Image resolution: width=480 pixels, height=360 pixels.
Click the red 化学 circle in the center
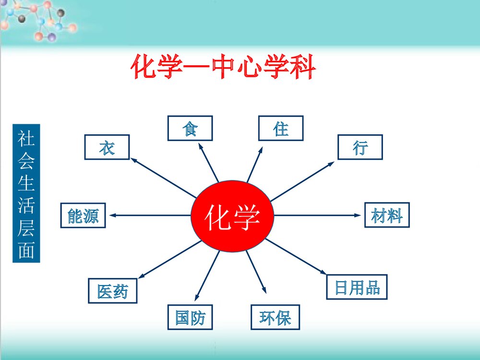232,216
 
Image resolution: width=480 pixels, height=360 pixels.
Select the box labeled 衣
107,147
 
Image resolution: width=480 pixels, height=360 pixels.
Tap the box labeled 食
190,129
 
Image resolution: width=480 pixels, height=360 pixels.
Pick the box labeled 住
281,128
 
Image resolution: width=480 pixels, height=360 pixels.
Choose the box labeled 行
360,147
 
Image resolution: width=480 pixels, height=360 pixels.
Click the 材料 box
387,215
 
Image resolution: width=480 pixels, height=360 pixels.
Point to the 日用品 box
357,287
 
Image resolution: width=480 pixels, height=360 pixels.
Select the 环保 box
275,317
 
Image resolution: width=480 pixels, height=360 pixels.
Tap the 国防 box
190,317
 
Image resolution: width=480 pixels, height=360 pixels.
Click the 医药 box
113,290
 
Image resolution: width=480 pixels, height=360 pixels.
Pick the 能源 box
83,216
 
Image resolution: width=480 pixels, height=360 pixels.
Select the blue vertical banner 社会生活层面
26,193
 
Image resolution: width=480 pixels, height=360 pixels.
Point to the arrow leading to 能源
149,216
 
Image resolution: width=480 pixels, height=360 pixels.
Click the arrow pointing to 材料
317,216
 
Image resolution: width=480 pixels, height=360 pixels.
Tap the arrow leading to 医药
168,260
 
